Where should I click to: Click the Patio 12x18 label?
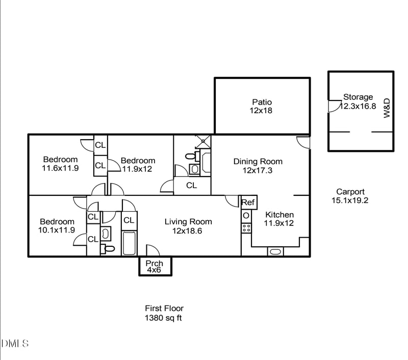pos(261,106)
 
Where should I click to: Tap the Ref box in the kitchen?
pos(248,202)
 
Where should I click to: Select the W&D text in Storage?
pos(387,109)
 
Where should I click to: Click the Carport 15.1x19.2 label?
pos(350,196)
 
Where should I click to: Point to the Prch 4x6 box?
pos(155,266)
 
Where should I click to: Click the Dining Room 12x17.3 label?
pos(258,166)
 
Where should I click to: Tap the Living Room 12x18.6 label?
pos(188,226)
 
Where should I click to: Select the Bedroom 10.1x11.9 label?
pos(57,225)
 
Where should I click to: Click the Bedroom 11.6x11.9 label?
pos(60,163)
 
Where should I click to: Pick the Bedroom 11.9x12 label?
pos(138,164)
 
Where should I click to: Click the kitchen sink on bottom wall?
pos(275,251)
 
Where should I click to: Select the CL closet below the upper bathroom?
pos(191,186)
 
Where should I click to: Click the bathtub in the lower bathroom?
pos(130,244)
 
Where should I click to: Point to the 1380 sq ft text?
pos(164,318)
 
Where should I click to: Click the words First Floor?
pos(164,308)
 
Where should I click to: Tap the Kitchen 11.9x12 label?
pos(278,219)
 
